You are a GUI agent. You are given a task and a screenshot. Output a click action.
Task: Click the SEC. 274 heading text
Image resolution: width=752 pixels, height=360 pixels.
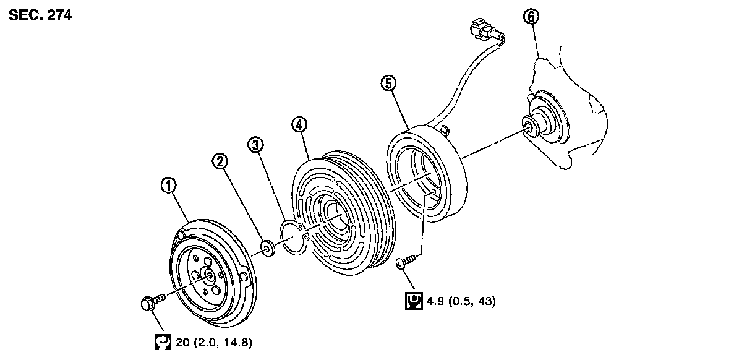[x=40, y=16]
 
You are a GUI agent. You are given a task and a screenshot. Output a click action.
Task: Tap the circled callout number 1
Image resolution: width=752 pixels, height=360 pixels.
[x=168, y=184]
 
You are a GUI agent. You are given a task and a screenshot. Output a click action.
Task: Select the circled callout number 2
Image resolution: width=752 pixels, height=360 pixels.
[x=220, y=161]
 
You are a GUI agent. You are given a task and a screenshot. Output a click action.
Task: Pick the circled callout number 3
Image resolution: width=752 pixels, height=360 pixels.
[x=255, y=145]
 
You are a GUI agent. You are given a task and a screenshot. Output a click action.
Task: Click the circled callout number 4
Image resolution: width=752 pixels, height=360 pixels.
[x=299, y=124]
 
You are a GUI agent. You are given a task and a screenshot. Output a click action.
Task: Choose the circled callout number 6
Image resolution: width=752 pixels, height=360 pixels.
[x=531, y=17]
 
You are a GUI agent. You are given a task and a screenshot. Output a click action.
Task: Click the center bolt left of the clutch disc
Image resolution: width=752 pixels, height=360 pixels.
[x=150, y=303]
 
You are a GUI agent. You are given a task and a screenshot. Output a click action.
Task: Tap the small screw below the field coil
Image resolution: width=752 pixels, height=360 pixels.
[x=404, y=264]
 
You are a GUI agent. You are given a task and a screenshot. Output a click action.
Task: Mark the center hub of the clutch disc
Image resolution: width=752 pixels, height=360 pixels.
[x=208, y=277]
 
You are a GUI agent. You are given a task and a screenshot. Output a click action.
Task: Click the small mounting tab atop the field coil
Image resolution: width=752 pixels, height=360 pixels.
[x=443, y=128]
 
